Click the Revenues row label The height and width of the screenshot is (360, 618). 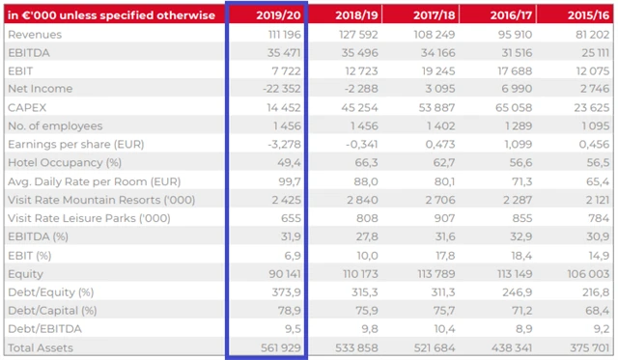(x=35, y=35)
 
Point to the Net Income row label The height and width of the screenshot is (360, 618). (x=40, y=89)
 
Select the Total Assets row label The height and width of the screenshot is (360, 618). (x=42, y=346)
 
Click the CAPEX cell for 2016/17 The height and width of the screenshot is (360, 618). (x=506, y=107)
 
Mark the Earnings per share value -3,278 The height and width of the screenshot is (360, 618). (x=281, y=145)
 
